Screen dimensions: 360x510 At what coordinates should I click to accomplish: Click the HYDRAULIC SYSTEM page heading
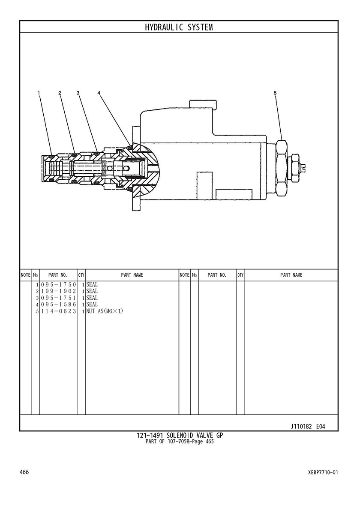click(179, 27)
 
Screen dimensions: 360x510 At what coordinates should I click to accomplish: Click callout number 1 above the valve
click(39, 93)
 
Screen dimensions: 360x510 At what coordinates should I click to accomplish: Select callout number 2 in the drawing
click(60, 93)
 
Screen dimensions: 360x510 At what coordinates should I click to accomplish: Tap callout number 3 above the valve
click(78, 93)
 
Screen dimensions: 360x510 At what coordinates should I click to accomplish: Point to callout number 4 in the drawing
click(99, 93)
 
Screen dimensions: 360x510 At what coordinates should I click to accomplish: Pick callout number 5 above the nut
click(275, 93)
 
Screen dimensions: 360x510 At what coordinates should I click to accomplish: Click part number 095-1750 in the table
click(58, 285)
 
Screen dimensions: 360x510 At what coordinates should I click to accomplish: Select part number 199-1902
click(58, 291)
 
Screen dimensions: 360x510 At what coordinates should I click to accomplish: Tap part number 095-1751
click(58, 298)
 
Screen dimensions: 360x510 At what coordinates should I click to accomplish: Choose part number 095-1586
click(58, 305)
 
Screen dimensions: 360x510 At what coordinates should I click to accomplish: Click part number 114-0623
click(58, 311)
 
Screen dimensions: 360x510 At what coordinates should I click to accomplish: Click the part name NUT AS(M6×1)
click(105, 311)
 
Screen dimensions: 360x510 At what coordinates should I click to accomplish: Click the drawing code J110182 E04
click(308, 426)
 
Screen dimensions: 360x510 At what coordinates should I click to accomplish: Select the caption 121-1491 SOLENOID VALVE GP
click(180, 435)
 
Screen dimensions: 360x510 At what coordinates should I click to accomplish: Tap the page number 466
click(24, 472)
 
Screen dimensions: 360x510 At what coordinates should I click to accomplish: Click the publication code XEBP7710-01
click(323, 472)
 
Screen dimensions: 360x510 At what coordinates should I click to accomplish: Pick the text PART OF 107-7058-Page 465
click(180, 442)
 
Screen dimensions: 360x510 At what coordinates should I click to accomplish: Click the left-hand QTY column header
click(81, 275)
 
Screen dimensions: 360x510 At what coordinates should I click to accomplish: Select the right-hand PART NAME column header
click(291, 275)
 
